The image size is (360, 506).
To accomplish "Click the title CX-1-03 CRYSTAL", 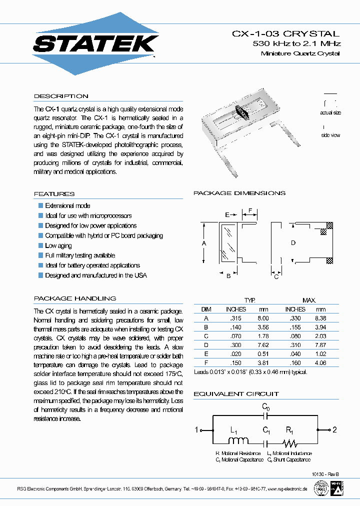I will pos(285,34).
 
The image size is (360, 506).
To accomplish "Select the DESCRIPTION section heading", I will pos(61,96).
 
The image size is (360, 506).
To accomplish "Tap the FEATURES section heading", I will pos(54,194).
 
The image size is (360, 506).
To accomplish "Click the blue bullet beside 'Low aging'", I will pos(41,245).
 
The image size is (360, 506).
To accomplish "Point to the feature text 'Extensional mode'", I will pos(67,205).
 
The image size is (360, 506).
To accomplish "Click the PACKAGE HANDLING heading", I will pos(75,298).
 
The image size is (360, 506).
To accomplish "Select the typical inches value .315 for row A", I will pos(236,318).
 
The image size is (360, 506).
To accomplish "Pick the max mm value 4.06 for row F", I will pos(320,363).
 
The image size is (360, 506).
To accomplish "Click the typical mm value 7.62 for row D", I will pos(263,345).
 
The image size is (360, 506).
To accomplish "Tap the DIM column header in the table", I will pos(206,309).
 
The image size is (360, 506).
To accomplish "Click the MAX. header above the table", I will pos(309,300).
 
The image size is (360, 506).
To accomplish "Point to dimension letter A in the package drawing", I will pos(204,243).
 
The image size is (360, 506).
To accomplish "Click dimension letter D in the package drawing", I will pos(293,243).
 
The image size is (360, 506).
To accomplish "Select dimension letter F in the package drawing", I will pos(250,210).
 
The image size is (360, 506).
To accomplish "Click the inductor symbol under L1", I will pos(239,441).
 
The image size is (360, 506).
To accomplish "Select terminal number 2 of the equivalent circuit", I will pos(335,429).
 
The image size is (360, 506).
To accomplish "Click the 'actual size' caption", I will pos(330,113).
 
